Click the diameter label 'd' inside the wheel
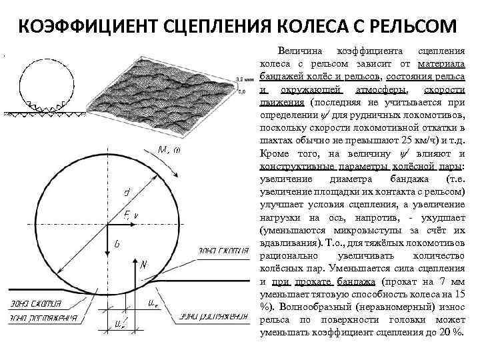[125, 192]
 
